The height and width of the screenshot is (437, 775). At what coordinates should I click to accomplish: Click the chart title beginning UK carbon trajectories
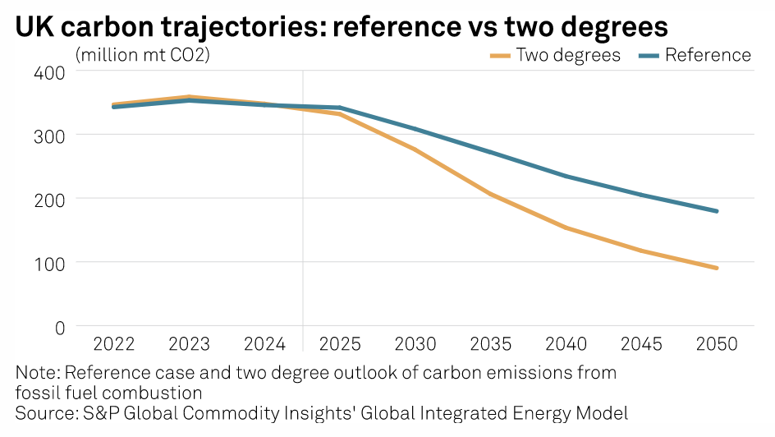point(341,26)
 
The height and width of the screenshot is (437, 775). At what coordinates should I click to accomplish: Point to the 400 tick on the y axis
point(51,71)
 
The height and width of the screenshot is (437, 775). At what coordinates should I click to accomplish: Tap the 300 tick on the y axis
point(51,135)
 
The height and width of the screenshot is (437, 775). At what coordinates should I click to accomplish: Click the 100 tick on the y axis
point(51,263)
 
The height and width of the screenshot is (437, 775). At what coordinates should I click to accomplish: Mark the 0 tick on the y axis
point(60,327)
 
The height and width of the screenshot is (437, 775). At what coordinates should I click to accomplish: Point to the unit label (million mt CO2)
point(141,56)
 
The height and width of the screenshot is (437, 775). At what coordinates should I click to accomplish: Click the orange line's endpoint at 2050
point(717,268)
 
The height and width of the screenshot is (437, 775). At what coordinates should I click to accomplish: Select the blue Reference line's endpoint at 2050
point(717,211)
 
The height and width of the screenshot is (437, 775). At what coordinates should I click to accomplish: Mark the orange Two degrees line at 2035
point(491,194)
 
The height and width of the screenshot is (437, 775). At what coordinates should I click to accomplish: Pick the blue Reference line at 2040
point(566,176)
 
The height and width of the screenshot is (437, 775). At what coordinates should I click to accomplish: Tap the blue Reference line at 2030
point(415,129)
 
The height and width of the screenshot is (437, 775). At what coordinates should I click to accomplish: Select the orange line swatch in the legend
point(500,55)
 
